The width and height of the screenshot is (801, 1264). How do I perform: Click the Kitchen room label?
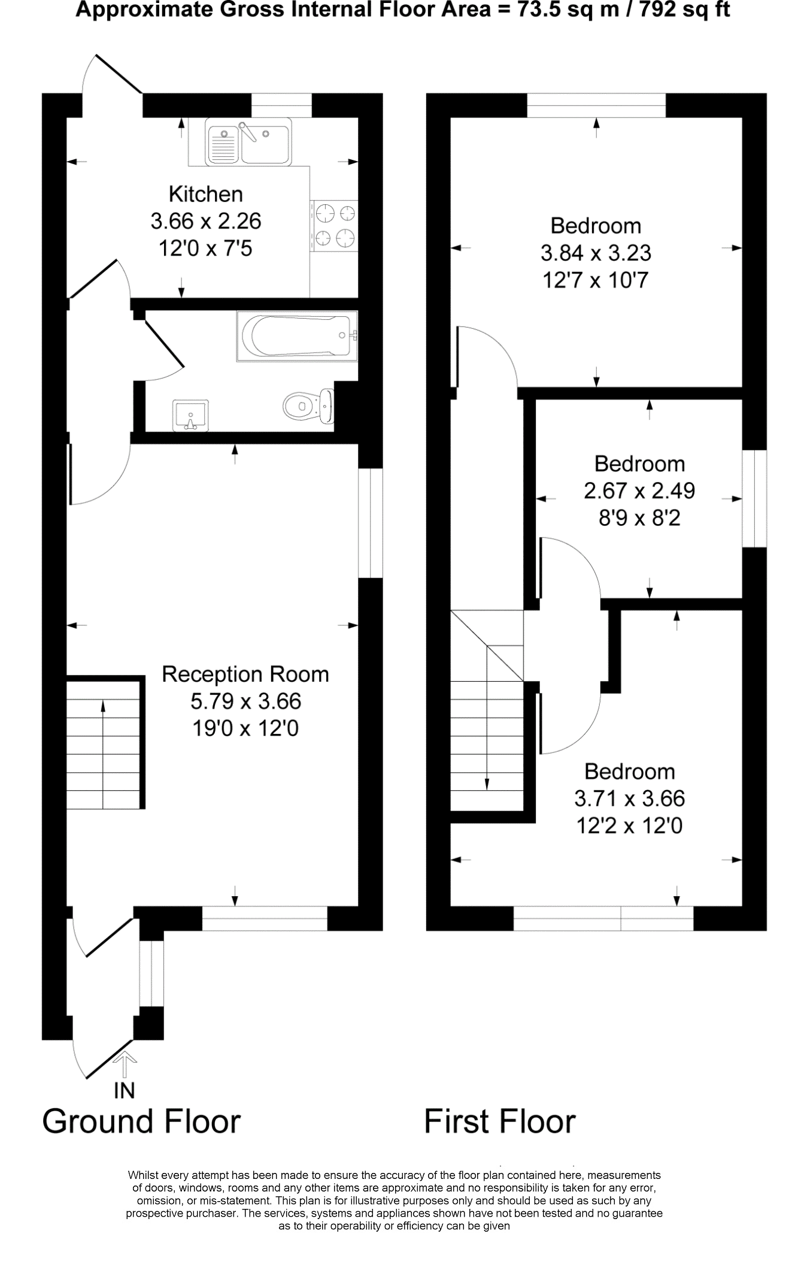pos(205,194)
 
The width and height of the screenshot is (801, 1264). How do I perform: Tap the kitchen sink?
pos(248,141)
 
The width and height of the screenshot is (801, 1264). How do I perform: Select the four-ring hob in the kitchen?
pos(334,225)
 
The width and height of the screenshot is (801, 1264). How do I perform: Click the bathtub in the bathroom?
pos(298,335)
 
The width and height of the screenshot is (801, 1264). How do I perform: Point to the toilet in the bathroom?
pos(308,406)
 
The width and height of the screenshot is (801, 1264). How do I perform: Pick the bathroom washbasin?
pos(190,415)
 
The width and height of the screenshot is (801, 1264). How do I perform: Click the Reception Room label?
pos(245,674)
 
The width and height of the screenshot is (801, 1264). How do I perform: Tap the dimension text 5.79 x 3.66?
pos(245,700)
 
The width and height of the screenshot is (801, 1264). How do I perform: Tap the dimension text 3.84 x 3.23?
pos(596,253)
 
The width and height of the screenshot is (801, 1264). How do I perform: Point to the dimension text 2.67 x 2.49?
pos(639,491)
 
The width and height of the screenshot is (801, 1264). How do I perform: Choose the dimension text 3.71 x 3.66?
pos(629,798)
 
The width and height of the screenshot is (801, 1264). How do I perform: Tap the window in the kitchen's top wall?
pos(281,105)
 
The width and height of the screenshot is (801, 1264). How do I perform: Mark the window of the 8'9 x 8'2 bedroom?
pos(754,498)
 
